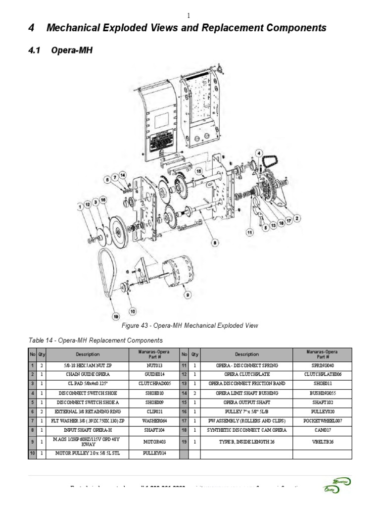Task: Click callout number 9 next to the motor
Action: (x=188, y=295)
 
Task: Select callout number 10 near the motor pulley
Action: (x=132, y=311)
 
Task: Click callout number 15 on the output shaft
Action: (x=199, y=171)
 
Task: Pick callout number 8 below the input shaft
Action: (x=214, y=243)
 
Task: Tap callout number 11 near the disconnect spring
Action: (x=249, y=231)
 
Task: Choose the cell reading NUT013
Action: (x=155, y=365)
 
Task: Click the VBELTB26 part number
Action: (x=323, y=442)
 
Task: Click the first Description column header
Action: (x=87, y=355)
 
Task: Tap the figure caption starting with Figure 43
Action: (x=190, y=326)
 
